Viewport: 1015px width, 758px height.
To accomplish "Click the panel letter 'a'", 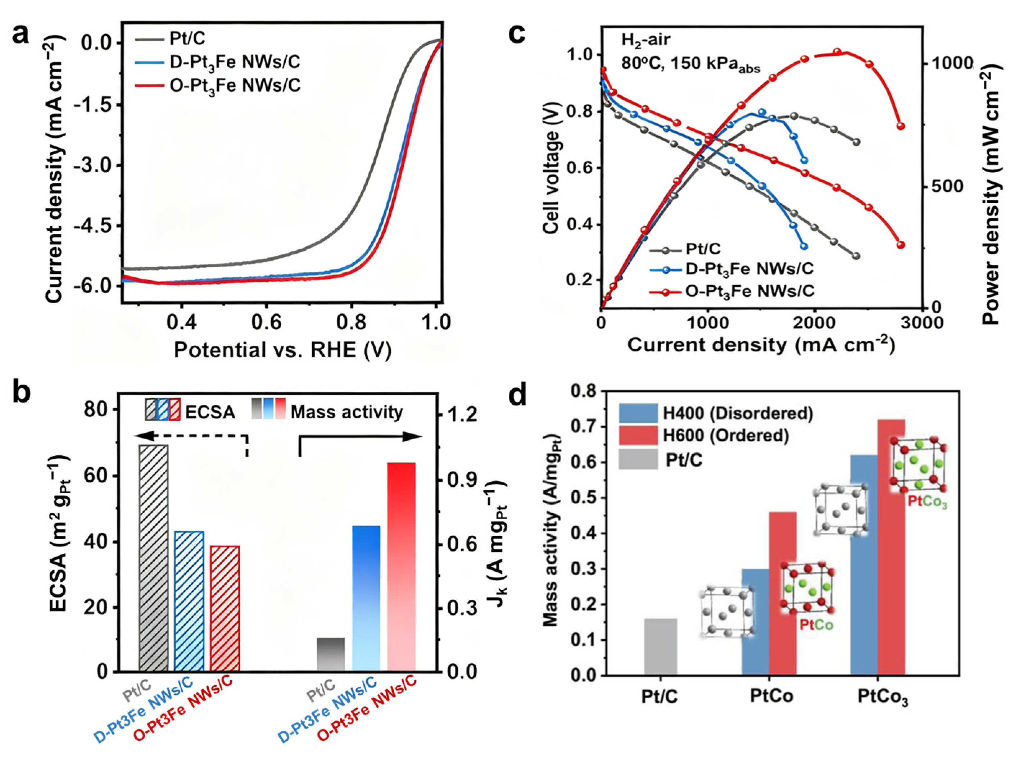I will point(21,35).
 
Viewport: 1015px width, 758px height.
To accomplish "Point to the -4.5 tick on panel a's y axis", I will point(94,225).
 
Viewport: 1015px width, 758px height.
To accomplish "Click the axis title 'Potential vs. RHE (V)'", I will point(282,350).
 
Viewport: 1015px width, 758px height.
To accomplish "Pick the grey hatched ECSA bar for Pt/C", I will point(154,558).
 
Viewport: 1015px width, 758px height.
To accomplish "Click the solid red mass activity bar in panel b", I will point(402,567).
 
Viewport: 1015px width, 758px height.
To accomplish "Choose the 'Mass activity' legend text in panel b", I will point(346,412).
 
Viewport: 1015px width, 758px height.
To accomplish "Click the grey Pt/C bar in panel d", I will point(660,646).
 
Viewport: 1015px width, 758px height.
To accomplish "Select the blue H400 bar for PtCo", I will point(755,622).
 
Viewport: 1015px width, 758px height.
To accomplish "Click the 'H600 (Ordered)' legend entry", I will point(725,435).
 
